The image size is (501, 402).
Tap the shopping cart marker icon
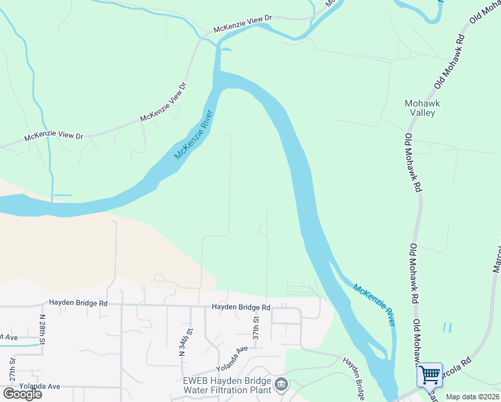click(429, 375)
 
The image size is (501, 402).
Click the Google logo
click(22, 394)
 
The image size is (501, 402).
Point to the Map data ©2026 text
click(473, 397)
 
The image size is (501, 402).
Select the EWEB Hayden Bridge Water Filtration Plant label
click(227, 385)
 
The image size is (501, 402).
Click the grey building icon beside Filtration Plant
click(281, 385)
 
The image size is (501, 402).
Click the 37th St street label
click(256, 328)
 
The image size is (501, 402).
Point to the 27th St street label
click(12, 369)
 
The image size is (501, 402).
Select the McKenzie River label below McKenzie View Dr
click(194, 135)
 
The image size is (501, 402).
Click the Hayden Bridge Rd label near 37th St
click(240, 307)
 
